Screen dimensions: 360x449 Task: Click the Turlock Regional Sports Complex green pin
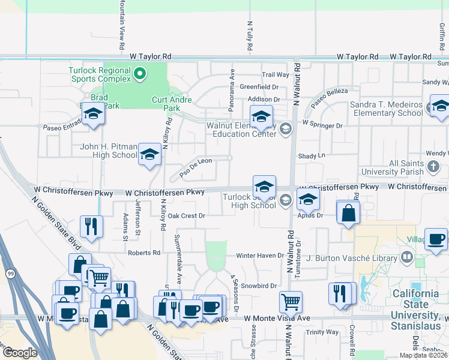pos(140,74)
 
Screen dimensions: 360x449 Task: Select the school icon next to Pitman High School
pos(149,154)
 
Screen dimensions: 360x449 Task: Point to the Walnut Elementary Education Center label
pos(240,130)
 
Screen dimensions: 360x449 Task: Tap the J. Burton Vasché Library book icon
pos(407,258)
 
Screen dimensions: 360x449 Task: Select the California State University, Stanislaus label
pos(416,304)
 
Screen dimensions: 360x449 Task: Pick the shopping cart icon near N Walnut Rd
pos(291,301)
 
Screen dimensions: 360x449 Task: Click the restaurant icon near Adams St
pos(91,226)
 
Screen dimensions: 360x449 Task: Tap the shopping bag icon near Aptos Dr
pos(348,212)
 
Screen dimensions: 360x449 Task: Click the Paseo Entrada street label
pos(62,127)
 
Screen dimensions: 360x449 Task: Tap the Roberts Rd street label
pos(143,253)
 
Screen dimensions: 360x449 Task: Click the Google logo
pos(20,353)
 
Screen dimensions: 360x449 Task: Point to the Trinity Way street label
pos(322,332)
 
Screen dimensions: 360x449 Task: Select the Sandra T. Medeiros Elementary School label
pos(387,109)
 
